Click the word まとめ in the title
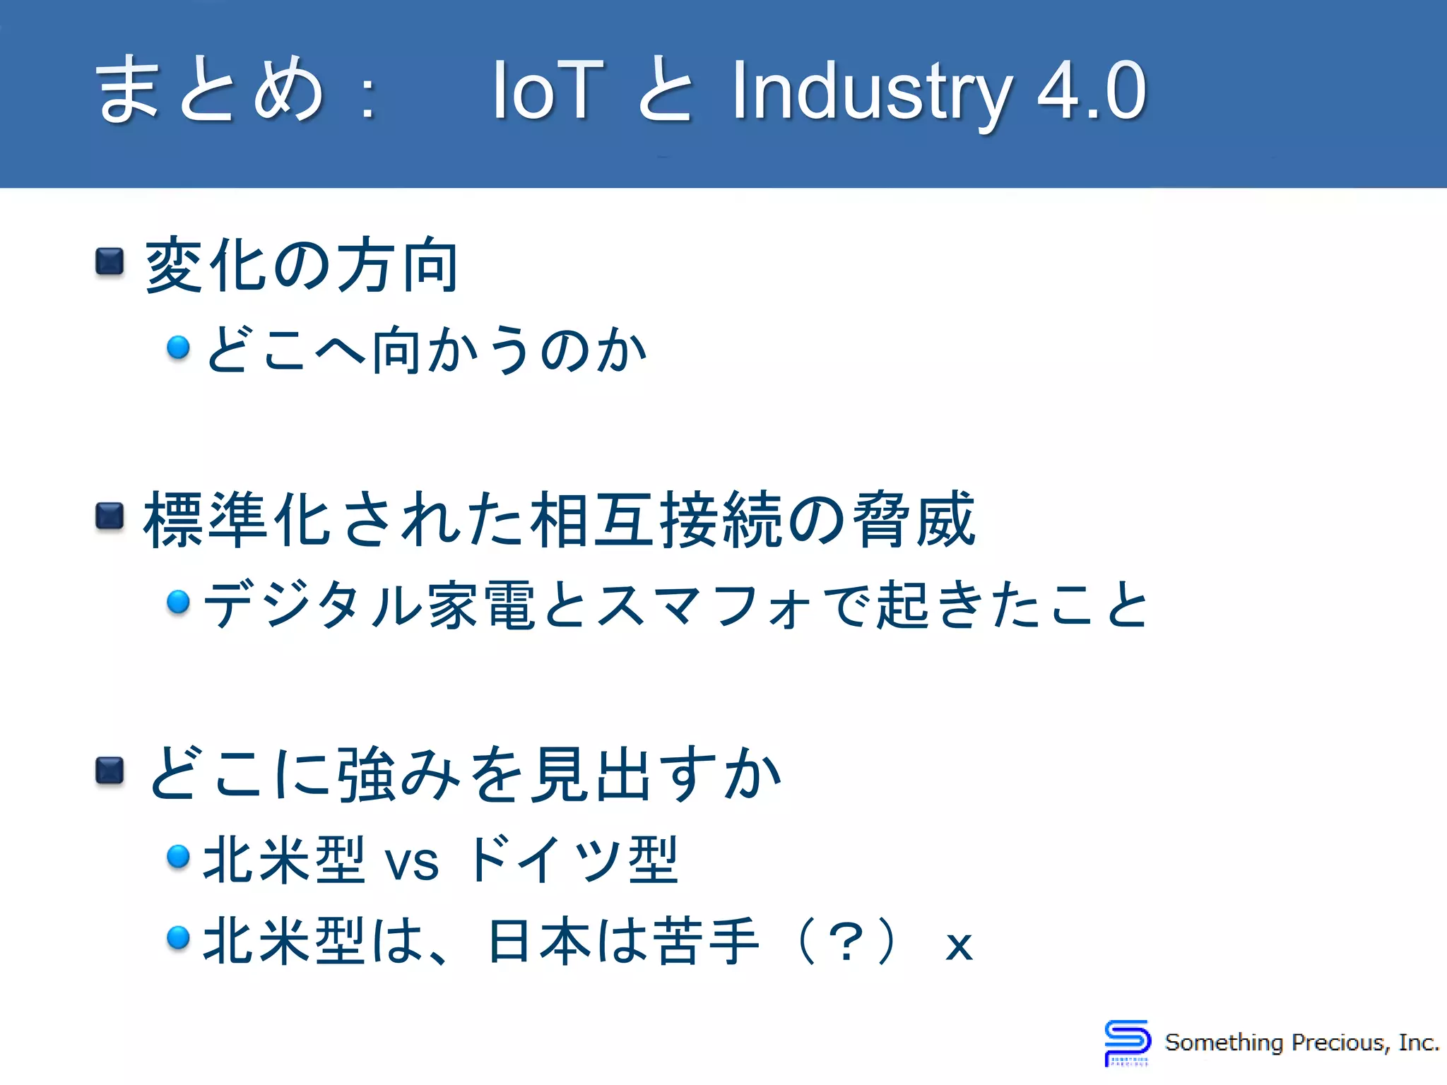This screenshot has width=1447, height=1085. [x=209, y=90]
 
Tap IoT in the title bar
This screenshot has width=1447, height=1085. [x=548, y=90]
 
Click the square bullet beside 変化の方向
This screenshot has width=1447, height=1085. [x=110, y=261]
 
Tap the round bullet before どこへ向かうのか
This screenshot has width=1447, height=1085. [x=178, y=347]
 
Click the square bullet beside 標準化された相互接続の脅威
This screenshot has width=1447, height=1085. [x=110, y=516]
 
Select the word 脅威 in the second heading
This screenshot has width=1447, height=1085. [x=914, y=520]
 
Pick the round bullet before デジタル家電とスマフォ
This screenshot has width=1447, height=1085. [x=178, y=602]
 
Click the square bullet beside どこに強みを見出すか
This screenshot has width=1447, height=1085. [x=110, y=771]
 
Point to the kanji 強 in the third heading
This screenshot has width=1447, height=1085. [x=365, y=774]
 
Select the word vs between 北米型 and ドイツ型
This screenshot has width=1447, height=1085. [x=411, y=861]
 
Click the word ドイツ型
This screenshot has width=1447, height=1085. [x=572, y=860]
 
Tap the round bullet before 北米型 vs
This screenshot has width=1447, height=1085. [x=178, y=856]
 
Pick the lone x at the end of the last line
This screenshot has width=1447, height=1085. [x=959, y=945]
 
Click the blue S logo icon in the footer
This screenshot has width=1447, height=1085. [x=1127, y=1042]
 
